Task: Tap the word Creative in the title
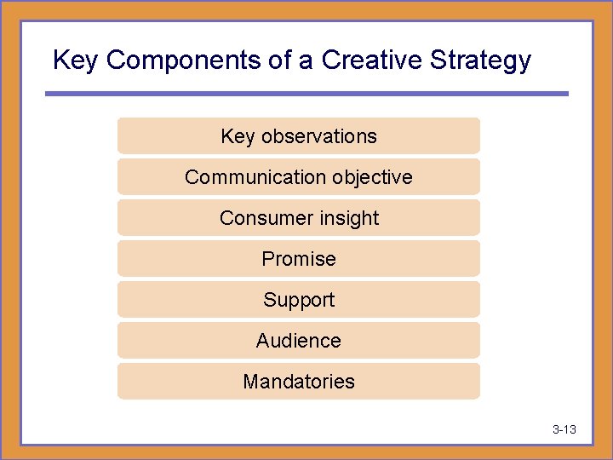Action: pos(372,60)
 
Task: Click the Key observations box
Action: pos(298,136)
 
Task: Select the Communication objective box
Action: pos(298,177)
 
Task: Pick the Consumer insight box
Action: pos(298,218)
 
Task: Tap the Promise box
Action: pos(298,259)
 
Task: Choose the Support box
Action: pos(298,300)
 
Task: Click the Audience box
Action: pos(298,341)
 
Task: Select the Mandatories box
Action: pos(298,382)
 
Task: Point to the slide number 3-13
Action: pos(564,429)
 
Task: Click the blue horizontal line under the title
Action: pos(306,93)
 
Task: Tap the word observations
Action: pos(318,136)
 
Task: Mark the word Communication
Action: pos(238,177)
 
